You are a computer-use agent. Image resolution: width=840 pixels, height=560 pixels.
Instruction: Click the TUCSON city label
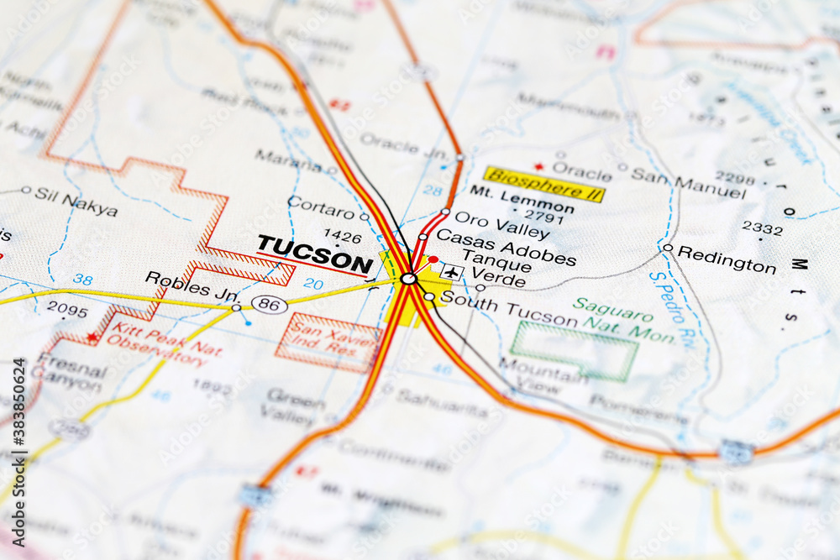[314, 254]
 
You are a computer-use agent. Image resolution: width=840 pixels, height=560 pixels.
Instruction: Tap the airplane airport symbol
[452, 272]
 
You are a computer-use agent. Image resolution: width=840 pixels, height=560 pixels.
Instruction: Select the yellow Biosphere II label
[545, 183]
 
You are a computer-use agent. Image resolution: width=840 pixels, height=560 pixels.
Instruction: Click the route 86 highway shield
[270, 305]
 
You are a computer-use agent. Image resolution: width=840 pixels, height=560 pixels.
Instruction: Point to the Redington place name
[727, 259]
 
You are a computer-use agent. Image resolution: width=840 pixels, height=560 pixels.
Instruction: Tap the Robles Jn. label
[192, 285]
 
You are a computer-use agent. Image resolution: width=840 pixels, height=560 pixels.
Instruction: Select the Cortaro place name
[321, 207]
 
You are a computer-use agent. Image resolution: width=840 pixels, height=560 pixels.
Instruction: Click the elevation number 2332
[762, 228]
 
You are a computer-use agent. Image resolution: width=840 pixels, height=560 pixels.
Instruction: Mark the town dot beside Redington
[667, 248]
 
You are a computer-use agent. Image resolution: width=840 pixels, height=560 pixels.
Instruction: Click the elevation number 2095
[66, 309]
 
